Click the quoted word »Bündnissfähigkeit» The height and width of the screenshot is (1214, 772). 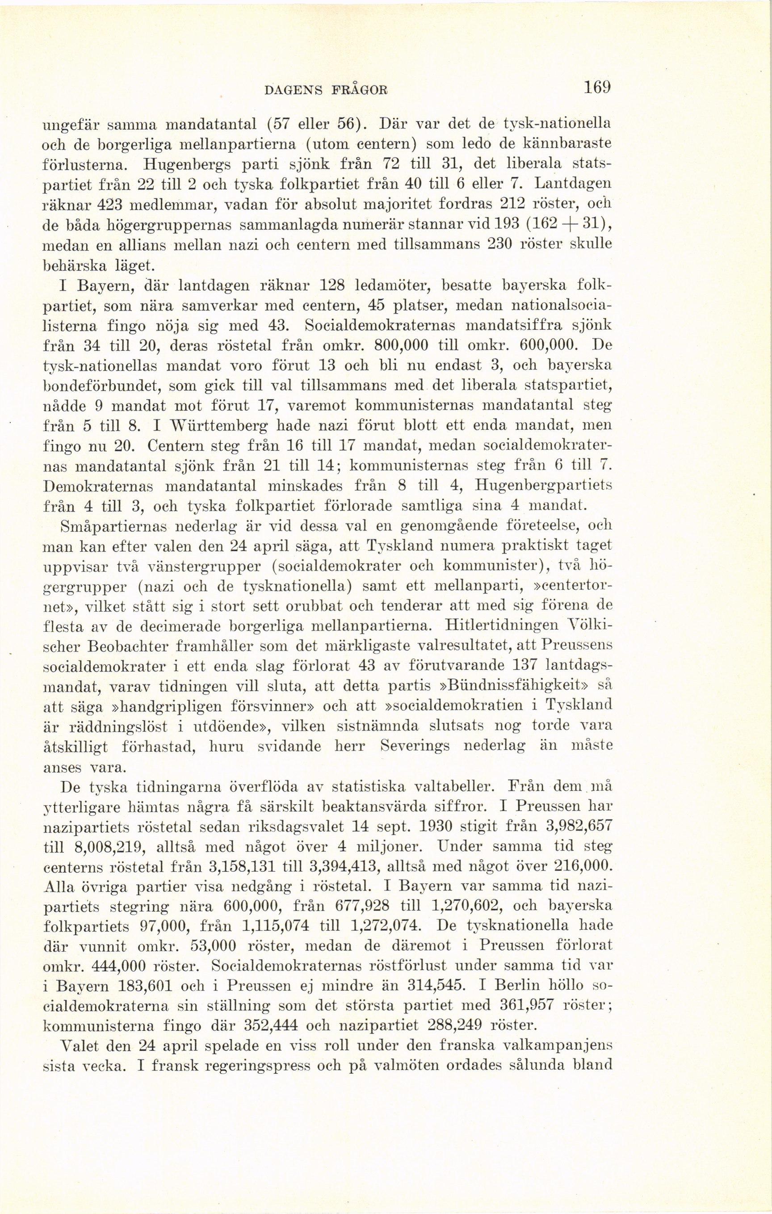pyautogui.click(x=516, y=686)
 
